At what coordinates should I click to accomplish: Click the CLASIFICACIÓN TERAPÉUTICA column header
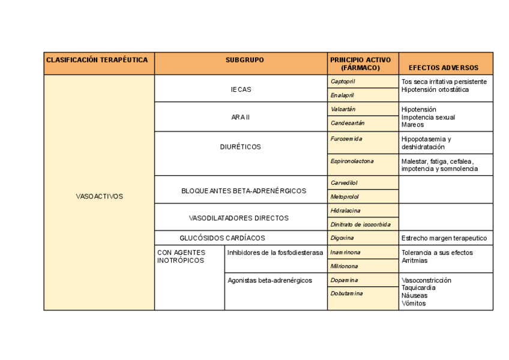pyautogui.click(x=97, y=60)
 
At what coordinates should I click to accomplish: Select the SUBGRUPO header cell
pyautogui.click(x=244, y=60)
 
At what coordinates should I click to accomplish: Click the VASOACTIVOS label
pyautogui.click(x=100, y=196)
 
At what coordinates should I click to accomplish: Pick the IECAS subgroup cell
pyautogui.click(x=241, y=89)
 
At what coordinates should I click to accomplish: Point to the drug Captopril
pyautogui.click(x=343, y=81)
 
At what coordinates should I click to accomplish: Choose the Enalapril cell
pyautogui.click(x=342, y=95)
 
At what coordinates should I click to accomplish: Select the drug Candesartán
pyautogui.click(x=348, y=123)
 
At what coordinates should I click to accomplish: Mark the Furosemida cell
pyautogui.click(x=346, y=139)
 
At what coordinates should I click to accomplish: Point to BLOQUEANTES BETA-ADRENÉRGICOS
pyautogui.click(x=243, y=191)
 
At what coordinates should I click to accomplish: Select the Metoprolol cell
pyautogui.click(x=345, y=197)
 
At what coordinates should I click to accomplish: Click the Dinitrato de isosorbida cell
pyautogui.click(x=360, y=224)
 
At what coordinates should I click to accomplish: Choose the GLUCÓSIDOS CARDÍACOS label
pyautogui.click(x=222, y=238)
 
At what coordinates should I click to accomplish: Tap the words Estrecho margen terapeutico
pyautogui.click(x=444, y=238)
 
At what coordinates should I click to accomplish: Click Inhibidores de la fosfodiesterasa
pyautogui.click(x=275, y=253)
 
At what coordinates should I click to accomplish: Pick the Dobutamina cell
pyautogui.click(x=346, y=293)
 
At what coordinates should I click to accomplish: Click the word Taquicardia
pyautogui.click(x=418, y=287)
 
